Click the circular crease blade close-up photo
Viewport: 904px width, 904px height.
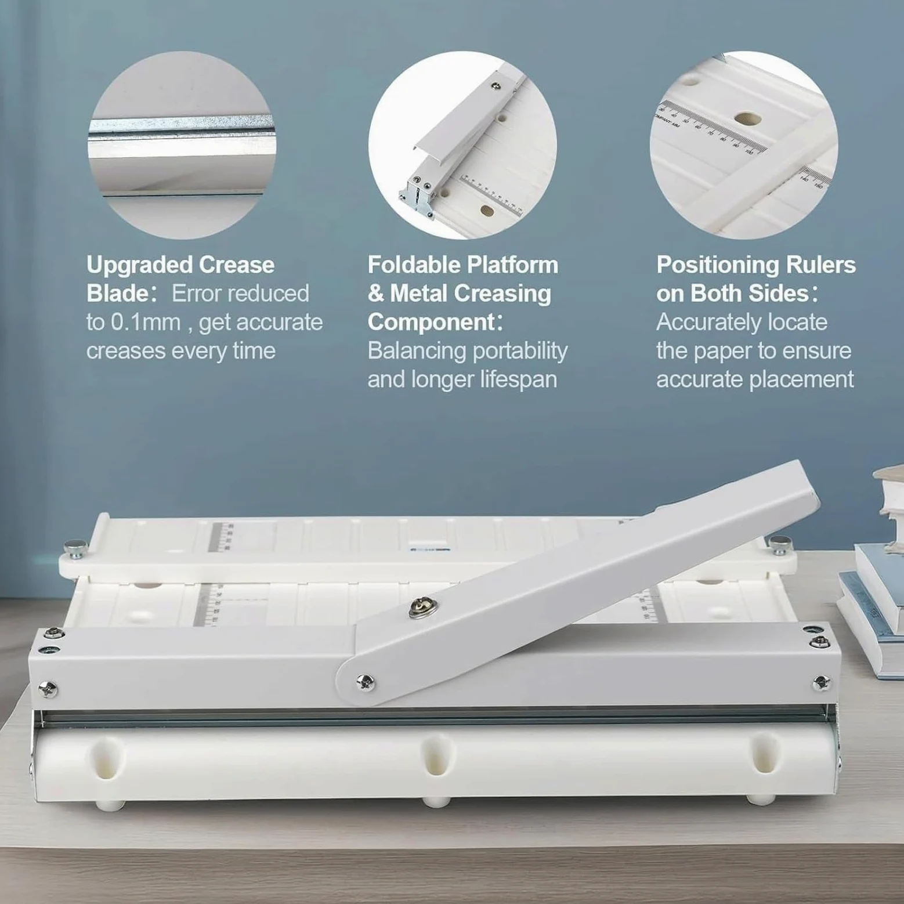pyautogui.click(x=182, y=145)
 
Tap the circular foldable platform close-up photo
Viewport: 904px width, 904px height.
pyautogui.click(x=462, y=145)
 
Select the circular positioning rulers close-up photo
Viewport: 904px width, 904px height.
pyautogui.click(x=744, y=145)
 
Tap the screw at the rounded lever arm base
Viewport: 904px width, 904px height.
pyautogui.click(x=366, y=681)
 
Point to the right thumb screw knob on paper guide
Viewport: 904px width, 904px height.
pyautogui.click(x=779, y=544)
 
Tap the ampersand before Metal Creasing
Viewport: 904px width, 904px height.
pyautogui.click(x=376, y=294)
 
